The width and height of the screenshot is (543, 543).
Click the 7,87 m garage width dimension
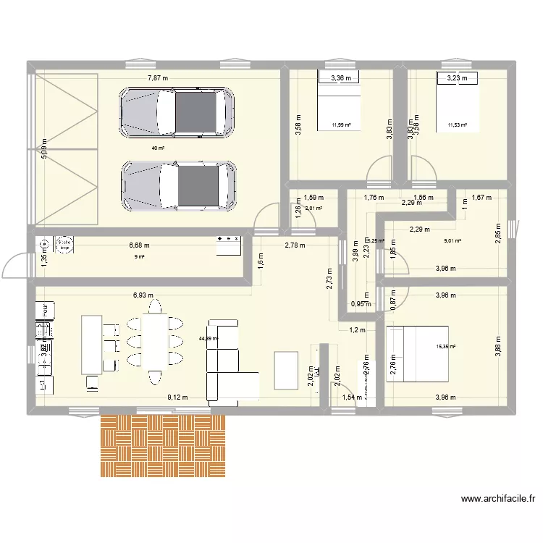tap(158, 78)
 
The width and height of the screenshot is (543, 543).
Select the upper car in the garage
tap(177, 112)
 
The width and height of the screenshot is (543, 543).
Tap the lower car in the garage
tap(178, 186)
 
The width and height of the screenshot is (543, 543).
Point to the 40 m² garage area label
tap(157, 148)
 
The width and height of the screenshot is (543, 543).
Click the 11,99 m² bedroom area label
tap(341, 125)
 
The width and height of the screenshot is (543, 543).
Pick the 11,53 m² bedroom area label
tap(457, 125)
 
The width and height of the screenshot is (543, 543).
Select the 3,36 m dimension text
tap(341, 78)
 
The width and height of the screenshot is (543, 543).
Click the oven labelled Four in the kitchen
tap(42, 310)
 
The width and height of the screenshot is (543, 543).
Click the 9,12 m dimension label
tap(178, 397)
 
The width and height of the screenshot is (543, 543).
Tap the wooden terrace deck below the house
tap(162, 445)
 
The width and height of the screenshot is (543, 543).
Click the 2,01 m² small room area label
tap(313, 209)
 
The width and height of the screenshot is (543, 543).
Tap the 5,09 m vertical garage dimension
tap(43, 149)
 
